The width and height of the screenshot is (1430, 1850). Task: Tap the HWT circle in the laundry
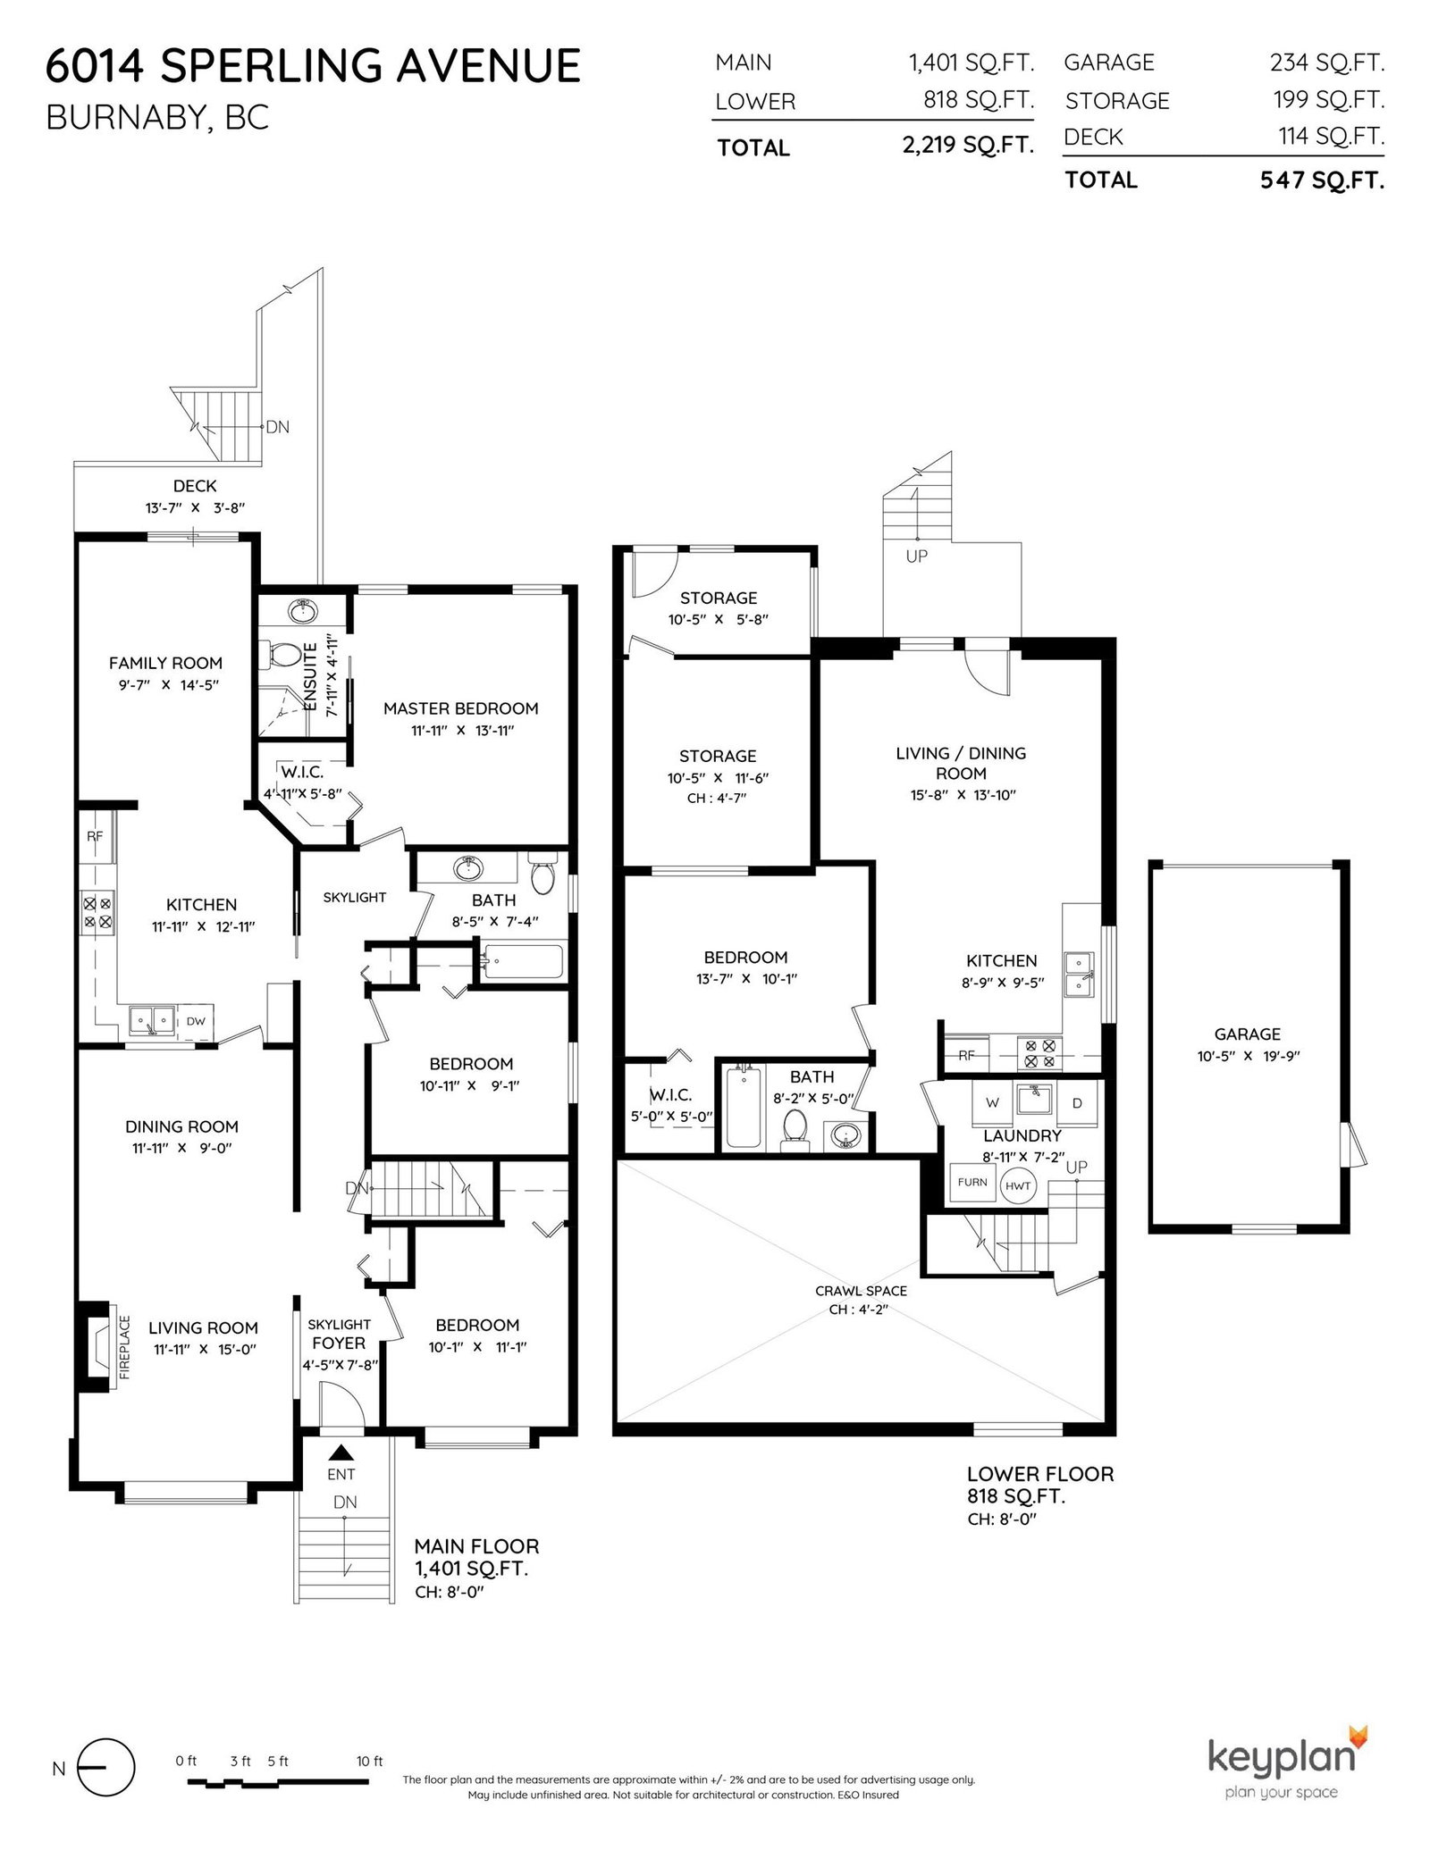click(x=1017, y=1186)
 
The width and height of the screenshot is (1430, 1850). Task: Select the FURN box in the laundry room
click(x=972, y=1182)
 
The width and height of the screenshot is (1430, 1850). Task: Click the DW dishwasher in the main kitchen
click(x=196, y=1021)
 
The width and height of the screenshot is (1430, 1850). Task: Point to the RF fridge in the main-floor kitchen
click(x=96, y=836)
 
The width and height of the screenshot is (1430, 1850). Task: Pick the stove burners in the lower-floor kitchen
click(x=1039, y=1052)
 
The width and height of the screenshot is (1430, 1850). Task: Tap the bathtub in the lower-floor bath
click(x=741, y=1104)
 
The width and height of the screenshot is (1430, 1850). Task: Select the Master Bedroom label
click(x=461, y=708)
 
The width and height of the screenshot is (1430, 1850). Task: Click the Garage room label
click(x=1247, y=1034)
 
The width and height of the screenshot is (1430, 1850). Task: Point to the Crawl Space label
click(x=861, y=1291)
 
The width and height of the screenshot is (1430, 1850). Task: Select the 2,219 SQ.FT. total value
click(x=969, y=146)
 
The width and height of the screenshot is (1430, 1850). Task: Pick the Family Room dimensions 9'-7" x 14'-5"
click(x=165, y=685)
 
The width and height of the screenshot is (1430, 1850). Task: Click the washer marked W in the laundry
click(x=992, y=1103)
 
